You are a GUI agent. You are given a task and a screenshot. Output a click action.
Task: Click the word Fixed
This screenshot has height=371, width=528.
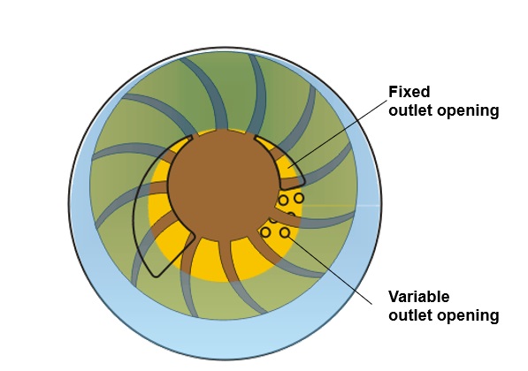pyautogui.click(x=409, y=92)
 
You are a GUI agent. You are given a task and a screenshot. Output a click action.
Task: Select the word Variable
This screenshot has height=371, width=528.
pyautogui.click(x=419, y=297)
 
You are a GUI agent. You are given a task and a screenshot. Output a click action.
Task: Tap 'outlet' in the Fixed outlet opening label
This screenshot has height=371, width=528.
pyautogui.click(x=409, y=110)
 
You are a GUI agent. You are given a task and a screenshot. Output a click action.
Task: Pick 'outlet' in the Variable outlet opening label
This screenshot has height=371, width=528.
pyautogui.click(x=409, y=315)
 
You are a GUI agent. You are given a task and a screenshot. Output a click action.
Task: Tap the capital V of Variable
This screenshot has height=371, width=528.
pyautogui.click(x=394, y=297)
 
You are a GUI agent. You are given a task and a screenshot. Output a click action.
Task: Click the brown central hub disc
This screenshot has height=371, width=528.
pyautogui.click(x=223, y=185)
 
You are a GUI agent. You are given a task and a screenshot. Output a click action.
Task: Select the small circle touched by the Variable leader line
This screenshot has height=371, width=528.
pyautogui.click(x=285, y=232)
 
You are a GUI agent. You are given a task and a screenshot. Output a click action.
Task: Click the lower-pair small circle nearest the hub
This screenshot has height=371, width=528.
pyautogui.click(x=265, y=232)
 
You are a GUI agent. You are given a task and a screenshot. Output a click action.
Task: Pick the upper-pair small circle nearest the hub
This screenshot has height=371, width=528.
pyautogui.click(x=283, y=201)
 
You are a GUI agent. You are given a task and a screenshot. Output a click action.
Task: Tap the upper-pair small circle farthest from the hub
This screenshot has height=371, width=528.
pyautogui.click(x=299, y=198)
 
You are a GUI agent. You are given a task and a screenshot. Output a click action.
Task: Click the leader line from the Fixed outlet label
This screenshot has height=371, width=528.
pyautogui.click(x=338, y=133)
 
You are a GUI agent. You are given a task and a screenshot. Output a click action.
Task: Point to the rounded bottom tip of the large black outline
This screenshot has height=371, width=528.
pyautogui.click(x=156, y=276)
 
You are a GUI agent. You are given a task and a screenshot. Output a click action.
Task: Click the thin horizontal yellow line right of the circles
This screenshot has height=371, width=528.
pyautogui.click(x=330, y=205)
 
